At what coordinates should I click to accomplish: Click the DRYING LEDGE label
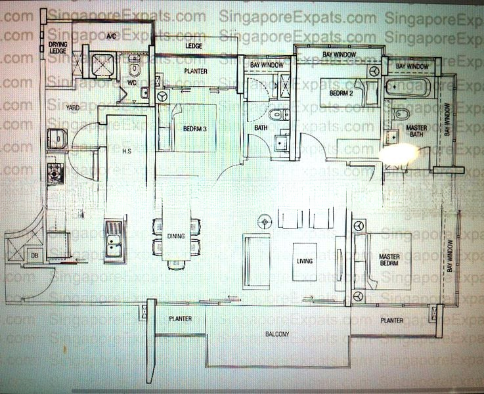[x=58, y=47]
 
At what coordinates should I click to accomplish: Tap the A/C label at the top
[x=112, y=37]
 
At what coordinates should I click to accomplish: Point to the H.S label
[x=128, y=151]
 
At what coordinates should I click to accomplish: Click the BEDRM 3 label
[x=195, y=129]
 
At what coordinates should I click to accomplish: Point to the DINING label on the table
[x=176, y=236]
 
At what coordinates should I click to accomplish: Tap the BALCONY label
[x=278, y=334]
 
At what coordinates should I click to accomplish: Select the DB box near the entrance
[x=32, y=255]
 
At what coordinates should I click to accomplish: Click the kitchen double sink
[x=114, y=240]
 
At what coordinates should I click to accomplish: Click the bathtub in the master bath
[x=407, y=87]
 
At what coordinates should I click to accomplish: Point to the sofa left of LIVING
[x=256, y=261]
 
